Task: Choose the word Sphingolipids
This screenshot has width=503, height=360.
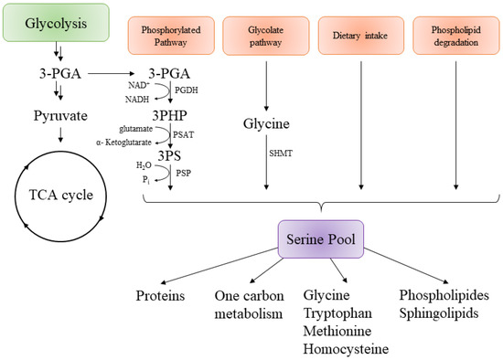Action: point(444,312)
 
